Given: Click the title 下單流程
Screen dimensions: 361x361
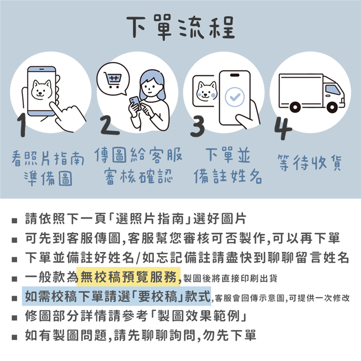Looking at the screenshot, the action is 181,27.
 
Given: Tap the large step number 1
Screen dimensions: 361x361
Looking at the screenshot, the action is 22,125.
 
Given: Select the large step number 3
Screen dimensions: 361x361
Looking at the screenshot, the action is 198,126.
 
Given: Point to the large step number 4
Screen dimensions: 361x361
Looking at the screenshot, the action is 283,128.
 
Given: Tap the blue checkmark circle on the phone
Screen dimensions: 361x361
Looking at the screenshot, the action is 235,97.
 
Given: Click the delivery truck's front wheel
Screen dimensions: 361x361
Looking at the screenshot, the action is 332,107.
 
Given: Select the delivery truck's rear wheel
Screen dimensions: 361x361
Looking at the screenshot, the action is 295,107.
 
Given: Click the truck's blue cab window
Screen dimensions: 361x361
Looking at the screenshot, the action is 333,90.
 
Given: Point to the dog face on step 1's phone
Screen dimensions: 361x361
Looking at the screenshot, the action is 42,90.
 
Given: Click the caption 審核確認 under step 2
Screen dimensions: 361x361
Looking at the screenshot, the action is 138,176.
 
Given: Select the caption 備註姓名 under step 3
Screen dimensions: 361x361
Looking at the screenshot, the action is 228,176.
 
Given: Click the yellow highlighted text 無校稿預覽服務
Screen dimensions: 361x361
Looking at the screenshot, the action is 128,277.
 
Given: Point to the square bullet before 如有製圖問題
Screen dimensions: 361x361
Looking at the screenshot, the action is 14,337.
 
